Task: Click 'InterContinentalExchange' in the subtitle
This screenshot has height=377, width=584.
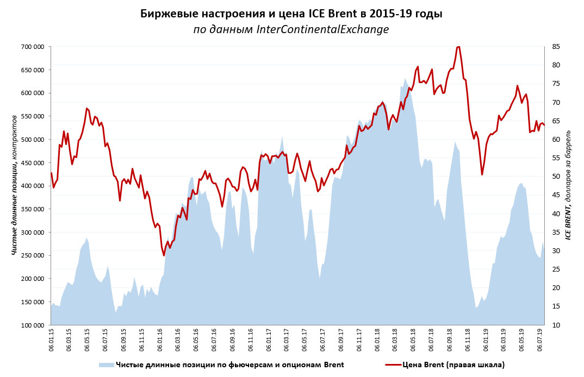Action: tap(322, 29)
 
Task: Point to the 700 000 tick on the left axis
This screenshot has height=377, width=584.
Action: tap(32, 47)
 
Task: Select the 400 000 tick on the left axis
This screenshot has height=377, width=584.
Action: tap(32, 186)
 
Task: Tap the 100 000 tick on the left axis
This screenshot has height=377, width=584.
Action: tap(32, 325)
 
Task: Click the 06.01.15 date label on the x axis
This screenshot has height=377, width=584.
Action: tap(52, 340)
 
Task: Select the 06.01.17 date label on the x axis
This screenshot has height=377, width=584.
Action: tap(269, 340)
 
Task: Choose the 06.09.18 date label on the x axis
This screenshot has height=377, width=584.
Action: tap(450, 340)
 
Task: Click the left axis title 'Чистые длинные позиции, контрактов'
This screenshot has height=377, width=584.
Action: tap(15, 185)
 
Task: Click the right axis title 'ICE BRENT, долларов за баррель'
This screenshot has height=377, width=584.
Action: tap(568, 185)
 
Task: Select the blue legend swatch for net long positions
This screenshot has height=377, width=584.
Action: tap(106, 365)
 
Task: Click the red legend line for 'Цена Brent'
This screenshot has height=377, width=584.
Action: tap(393, 365)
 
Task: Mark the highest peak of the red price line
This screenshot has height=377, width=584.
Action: tap(458, 47)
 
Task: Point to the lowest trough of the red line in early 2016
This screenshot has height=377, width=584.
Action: tap(164, 255)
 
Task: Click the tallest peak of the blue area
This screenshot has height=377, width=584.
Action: tap(405, 79)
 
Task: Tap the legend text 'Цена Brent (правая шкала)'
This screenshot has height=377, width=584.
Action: tap(453, 365)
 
